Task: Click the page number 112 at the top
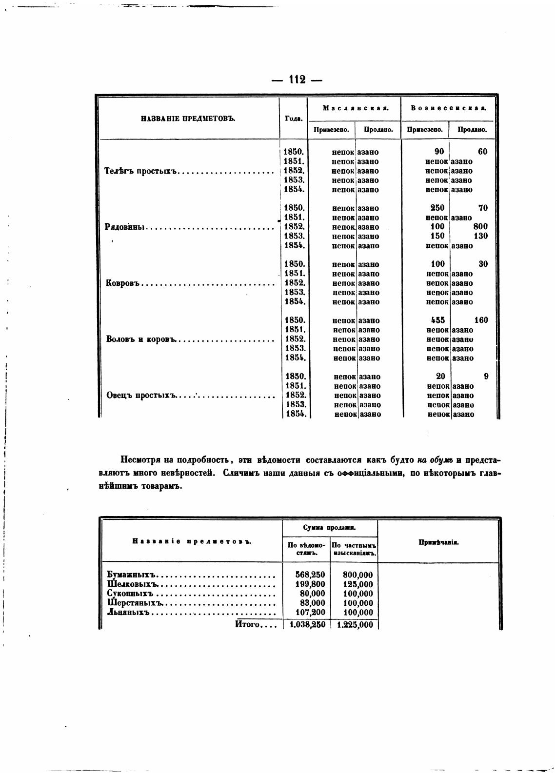(x=297, y=79)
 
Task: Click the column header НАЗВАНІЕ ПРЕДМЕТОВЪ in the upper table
(x=188, y=118)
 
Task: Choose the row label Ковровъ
(x=123, y=283)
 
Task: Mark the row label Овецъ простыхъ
(x=140, y=396)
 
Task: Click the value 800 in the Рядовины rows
(x=480, y=227)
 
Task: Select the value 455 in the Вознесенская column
(x=437, y=320)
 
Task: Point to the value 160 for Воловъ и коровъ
(x=480, y=320)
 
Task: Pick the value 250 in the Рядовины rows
(x=437, y=208)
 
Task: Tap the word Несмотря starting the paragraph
(x=140, y=460)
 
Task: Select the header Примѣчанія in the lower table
(x=438, y=542)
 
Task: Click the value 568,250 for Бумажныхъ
(x=310, y=575)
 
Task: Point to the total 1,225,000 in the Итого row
(x=355, y=625)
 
